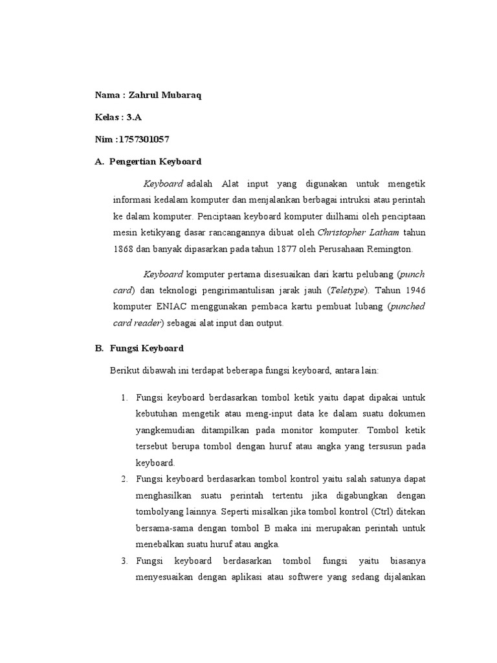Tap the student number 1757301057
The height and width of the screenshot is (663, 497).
coord(144,139)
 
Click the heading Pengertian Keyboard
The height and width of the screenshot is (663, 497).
coord(155,161)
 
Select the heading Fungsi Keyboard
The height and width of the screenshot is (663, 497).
coord(146,348)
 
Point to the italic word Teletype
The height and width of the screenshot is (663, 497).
coord(347,289)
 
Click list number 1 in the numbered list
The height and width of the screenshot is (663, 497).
coord(124,397)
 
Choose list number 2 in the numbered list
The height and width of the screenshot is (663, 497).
coord(124,478)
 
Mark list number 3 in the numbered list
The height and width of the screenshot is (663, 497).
coord(124,560)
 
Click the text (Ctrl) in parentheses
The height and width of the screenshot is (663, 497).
coord(372,511)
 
